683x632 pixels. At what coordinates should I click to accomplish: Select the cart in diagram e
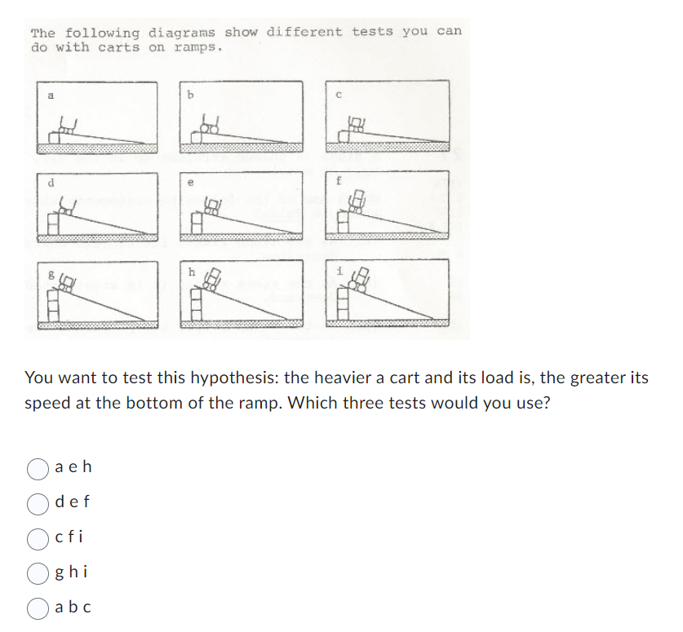pyautogui.click(x=212, y=206)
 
